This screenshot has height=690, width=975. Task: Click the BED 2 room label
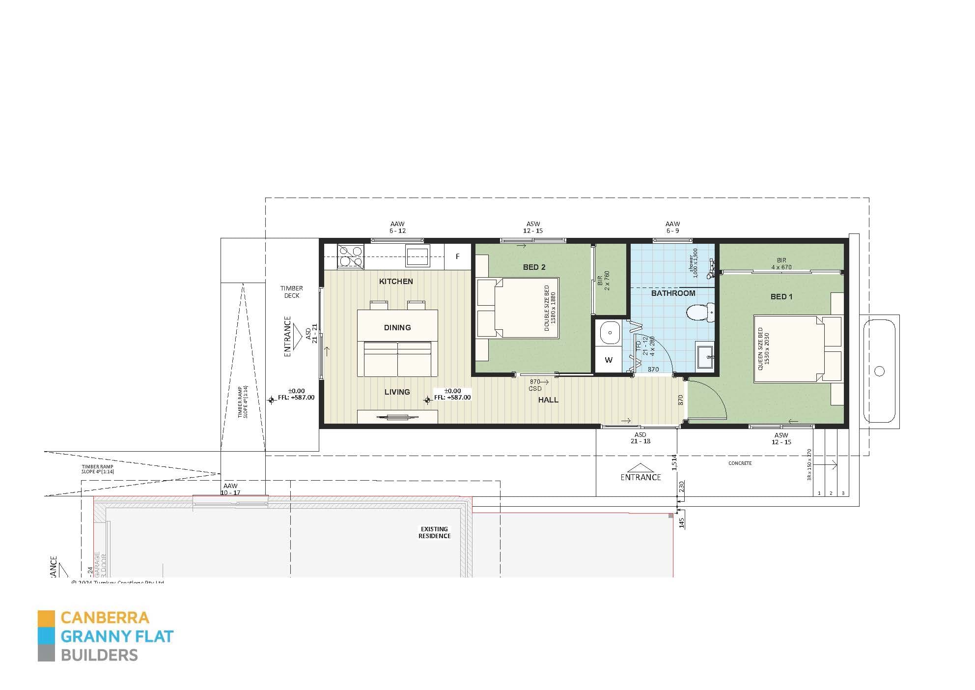(534, 267)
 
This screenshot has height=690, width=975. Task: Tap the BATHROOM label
(673, 293)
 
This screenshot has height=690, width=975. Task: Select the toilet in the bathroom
(699, 313)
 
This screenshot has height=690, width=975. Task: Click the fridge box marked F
(457, 257)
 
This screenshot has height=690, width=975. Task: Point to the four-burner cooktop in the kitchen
(351, 257)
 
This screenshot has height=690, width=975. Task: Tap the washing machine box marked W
(609, 360)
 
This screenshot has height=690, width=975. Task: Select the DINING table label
(397, 328)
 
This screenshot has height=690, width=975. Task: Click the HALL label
(548, 400)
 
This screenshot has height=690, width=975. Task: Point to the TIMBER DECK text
(291, 292)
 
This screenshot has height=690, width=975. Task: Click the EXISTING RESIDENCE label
(434, 533)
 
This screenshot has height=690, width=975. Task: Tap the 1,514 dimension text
(674, 462)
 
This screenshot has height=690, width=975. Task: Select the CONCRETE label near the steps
(740, 463)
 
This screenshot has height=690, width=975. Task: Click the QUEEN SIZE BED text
(764, 349)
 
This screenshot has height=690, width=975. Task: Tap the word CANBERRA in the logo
(105, 618)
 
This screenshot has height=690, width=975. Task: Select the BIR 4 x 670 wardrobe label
(781, 264)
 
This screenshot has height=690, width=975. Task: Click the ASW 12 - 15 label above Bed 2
(533, 227)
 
